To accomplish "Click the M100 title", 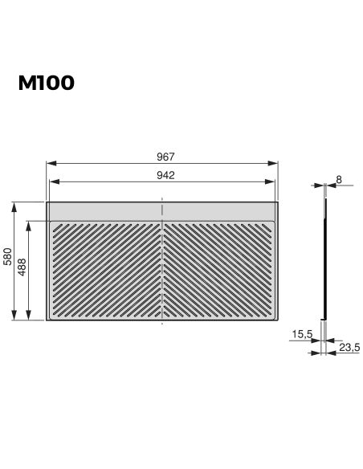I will point(47,84).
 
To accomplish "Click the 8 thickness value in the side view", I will point(340,180).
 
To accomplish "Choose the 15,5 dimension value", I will point(303,333).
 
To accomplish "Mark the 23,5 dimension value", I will point(349,348).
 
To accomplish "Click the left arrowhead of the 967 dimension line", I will point(50,164).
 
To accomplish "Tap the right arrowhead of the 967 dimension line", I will point(275,164).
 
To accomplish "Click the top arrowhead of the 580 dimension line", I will point(14,206).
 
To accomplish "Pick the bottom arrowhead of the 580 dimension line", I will point(14,317).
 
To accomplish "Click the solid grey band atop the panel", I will point(104,210).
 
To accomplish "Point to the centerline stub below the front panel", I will point(163,324).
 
